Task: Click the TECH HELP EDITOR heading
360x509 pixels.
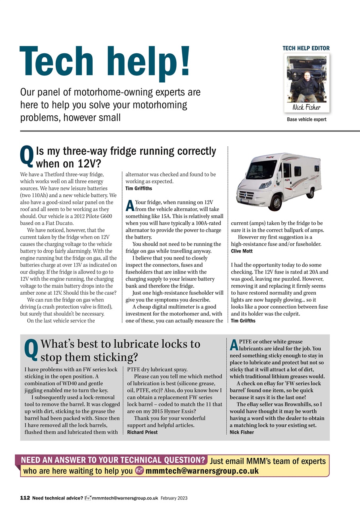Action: (306, 48)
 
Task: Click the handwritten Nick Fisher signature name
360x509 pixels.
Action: (306, 107)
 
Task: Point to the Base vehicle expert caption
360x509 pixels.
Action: (306, 119)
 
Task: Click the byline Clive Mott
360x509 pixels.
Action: (242, 251)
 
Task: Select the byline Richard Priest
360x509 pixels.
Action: (142, 432)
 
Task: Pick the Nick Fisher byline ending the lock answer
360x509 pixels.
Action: (242, 432)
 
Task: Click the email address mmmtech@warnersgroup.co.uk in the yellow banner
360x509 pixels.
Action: (202, 471)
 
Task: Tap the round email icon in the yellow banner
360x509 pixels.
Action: (139, 471)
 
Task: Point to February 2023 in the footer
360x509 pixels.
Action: (174, 498)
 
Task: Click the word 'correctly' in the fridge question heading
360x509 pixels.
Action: (192, 151)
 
